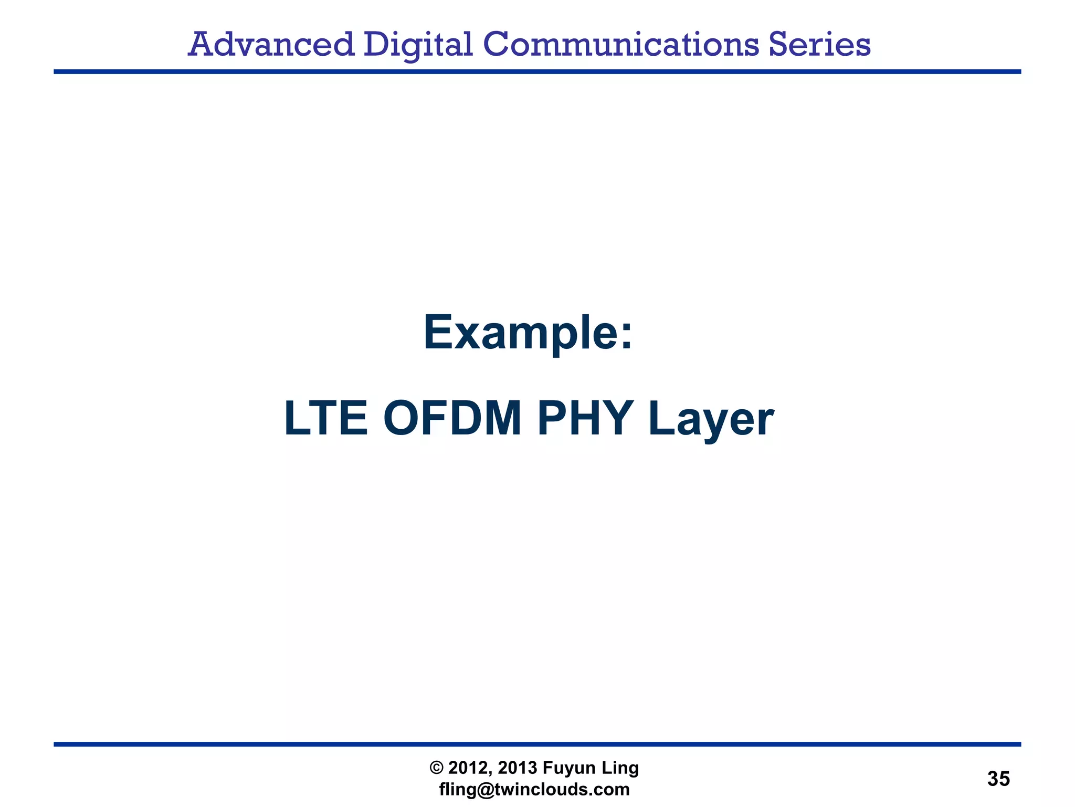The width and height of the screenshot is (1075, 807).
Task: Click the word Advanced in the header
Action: pos(271,45)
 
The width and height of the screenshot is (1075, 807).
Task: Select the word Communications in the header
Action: pos(620,45)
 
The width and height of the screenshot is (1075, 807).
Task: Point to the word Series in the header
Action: pos(819,45)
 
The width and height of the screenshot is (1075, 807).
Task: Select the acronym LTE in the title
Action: pos(325,419)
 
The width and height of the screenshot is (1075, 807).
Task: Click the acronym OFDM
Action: pos(452,419)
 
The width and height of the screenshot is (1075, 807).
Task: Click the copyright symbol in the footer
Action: pos(436,768)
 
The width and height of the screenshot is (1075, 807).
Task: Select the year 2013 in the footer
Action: pos(518,768)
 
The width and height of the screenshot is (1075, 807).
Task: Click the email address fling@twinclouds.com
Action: pos(534,790)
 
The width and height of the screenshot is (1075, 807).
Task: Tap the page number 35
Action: pos(998,779)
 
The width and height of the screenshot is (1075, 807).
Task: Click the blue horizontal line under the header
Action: pos(537,71)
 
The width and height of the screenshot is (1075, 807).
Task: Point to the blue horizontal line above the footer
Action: pos(537,744)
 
